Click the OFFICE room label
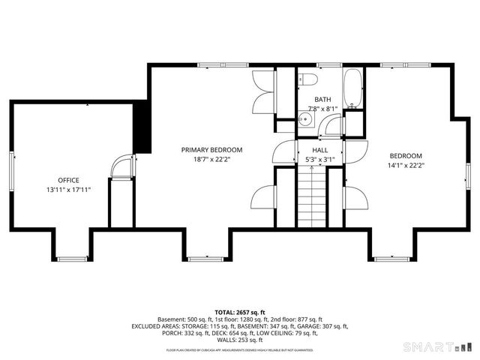69,180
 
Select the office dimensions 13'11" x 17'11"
69,190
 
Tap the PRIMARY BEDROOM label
211,149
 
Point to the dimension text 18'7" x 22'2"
211,159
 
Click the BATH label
322,99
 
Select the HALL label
320,150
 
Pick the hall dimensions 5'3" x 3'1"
320,159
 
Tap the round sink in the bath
306,118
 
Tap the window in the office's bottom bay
73,259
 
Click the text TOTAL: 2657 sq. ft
240,312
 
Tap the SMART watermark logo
435,347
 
